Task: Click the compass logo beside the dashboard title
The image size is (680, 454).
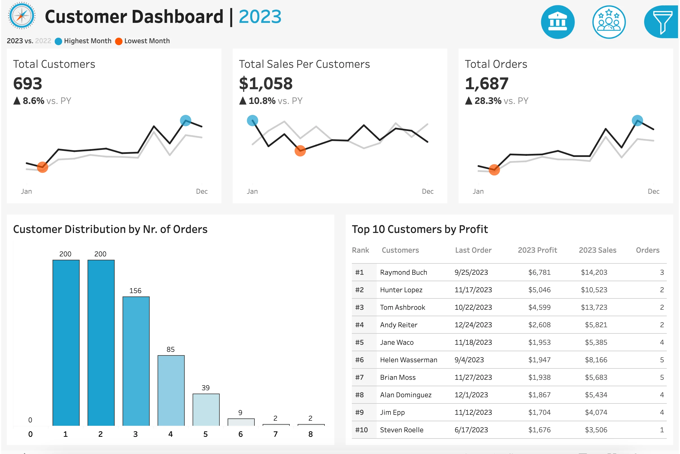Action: coord(22,16)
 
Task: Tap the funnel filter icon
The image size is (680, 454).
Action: coord(661,22)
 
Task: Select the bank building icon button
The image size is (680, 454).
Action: coord(557,22)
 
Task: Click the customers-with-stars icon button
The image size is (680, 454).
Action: coord(609,22)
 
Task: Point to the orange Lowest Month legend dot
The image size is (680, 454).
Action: coord(118,42)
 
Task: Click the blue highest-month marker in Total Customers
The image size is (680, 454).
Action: coord(186,121)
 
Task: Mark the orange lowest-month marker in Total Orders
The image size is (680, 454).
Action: coord(494,170)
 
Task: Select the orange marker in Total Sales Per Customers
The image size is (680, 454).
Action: coord(300,150)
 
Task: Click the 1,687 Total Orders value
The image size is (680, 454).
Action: coord(487,84)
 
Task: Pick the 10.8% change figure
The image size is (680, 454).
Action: coord(262,101)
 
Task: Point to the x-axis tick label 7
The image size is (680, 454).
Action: coord(275,434)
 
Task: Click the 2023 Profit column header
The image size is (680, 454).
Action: coord(537,250)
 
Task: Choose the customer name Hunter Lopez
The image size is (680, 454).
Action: coord(401,290)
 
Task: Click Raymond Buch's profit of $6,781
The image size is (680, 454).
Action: coord(539,272)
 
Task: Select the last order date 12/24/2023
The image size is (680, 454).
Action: coord(473,325)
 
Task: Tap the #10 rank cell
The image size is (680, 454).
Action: coord(361,430)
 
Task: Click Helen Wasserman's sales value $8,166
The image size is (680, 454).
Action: coord(596,360)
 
